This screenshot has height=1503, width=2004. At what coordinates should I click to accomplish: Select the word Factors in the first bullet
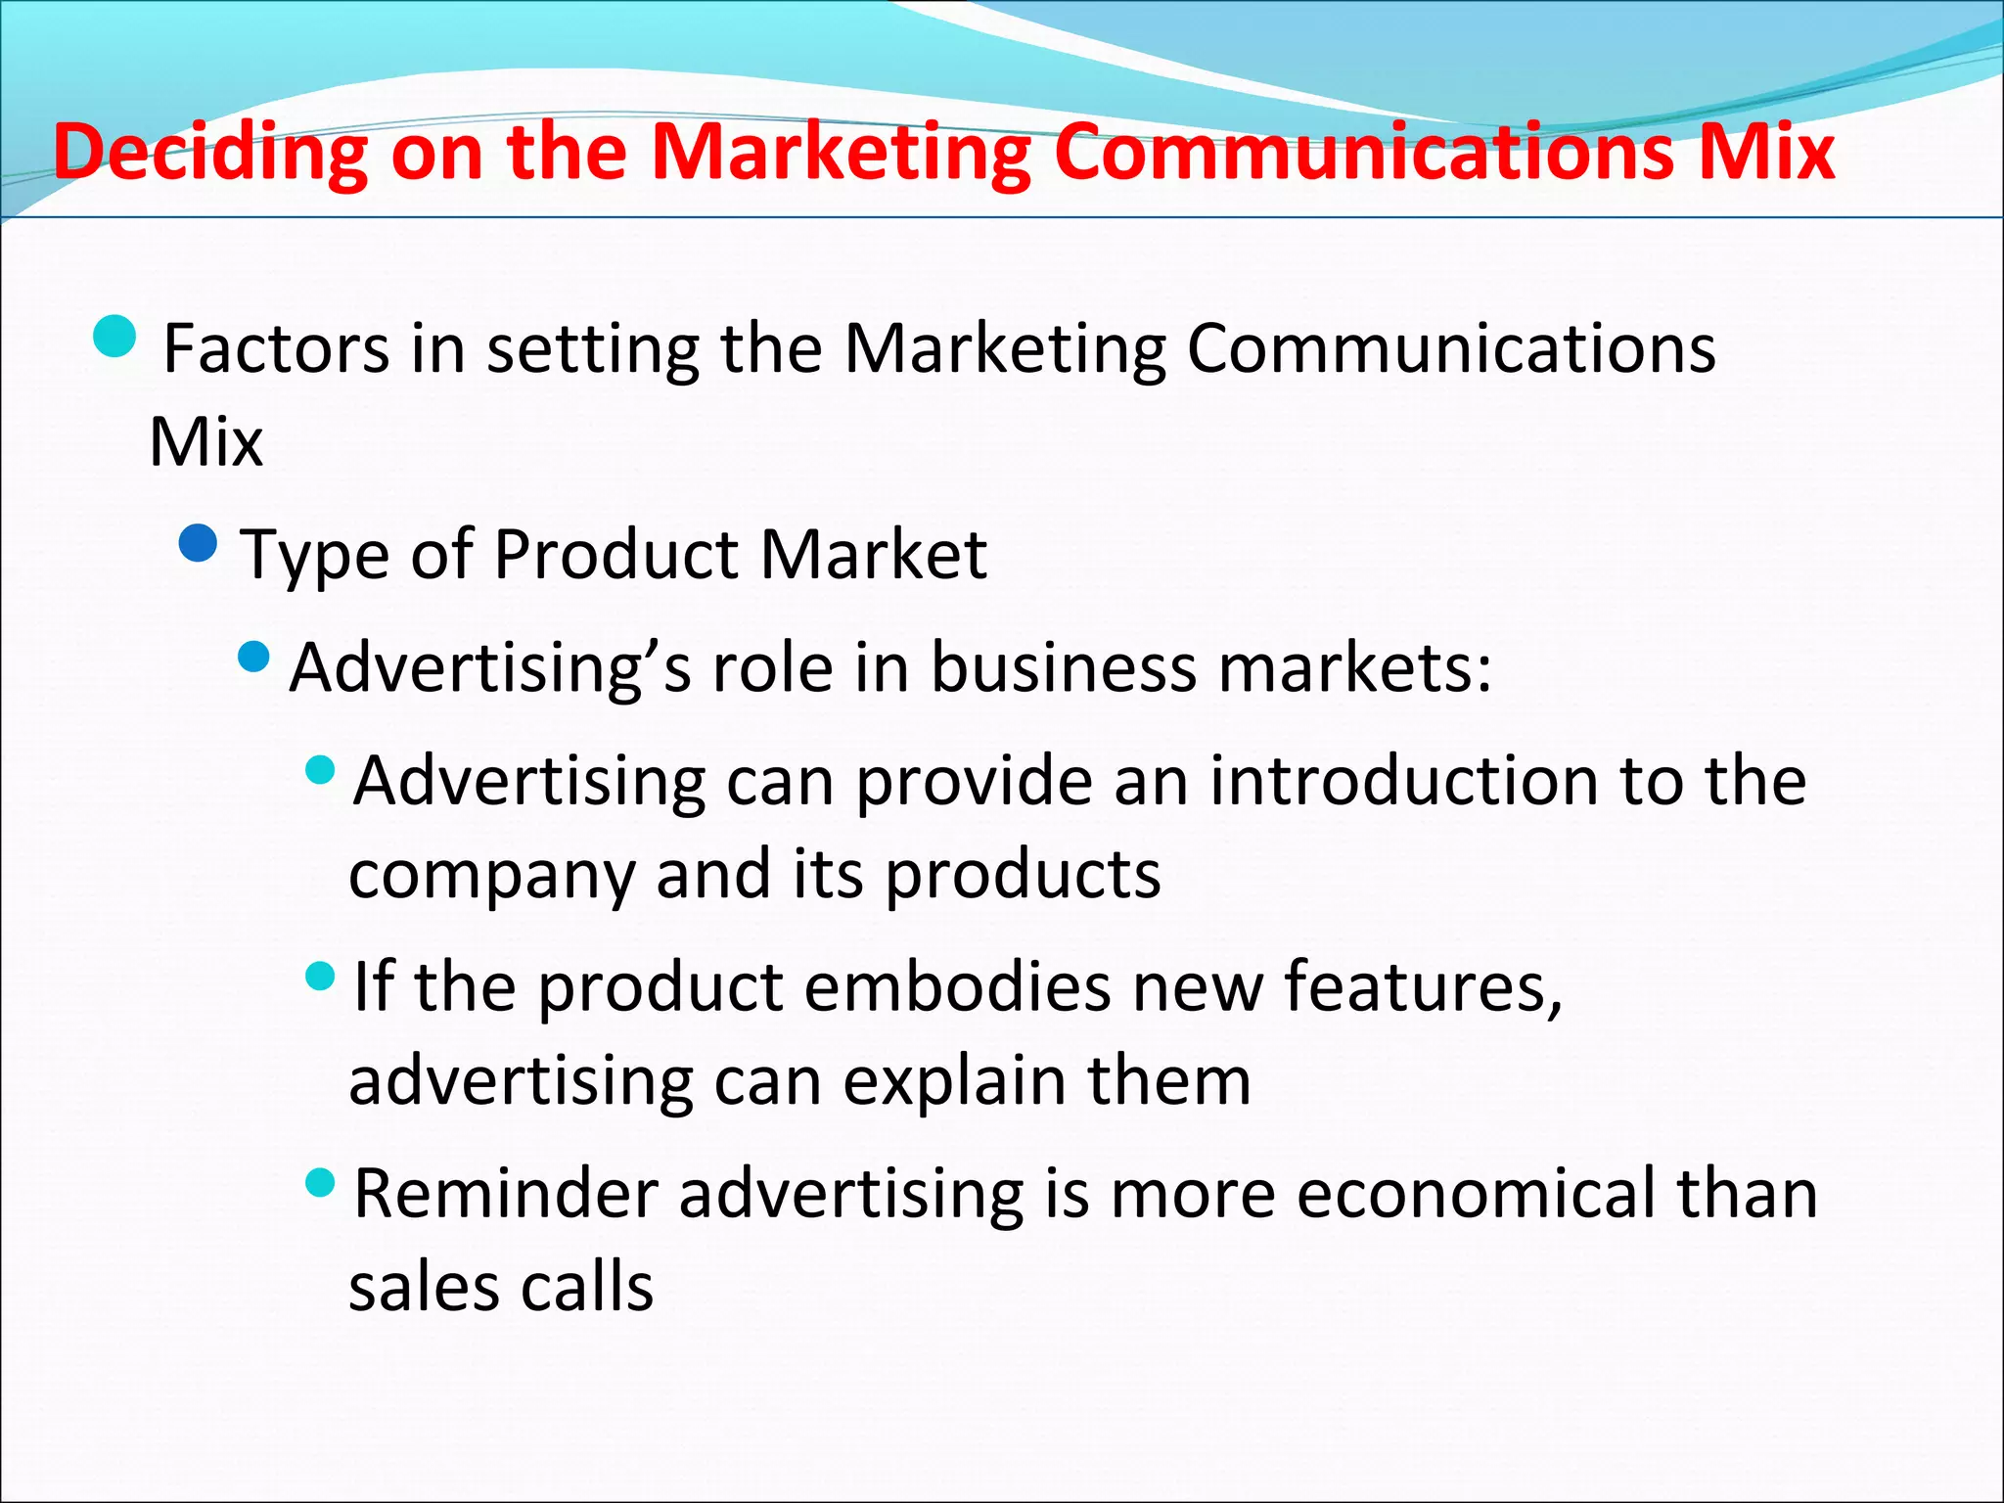pyautogui.click(x=276, y=349)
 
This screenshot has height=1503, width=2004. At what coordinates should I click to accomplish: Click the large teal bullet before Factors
pyautogui.click(x=115, y=337)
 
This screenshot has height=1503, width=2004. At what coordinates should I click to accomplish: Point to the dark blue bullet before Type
pyautogui.click(x=199, y=543)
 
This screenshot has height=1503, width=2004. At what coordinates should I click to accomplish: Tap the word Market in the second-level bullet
pyautogui.click(x=874, y=555)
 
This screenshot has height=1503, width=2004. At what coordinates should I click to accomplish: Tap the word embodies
pyautogui.click(x=957, y=986)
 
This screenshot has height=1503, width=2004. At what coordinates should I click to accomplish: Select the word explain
pyautogui.click(x=954, y=1081)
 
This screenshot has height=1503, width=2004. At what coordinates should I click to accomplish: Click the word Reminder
pyautogui.click(x=506, y=1194)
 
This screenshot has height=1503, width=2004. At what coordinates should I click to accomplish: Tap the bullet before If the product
pyautogui.click(x=320, y=976)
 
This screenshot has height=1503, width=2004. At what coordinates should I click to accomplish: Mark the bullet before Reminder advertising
pyautogui.click(x=320, y=1184)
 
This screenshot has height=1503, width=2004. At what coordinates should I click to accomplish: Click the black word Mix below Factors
pyautogui.click(x=206, y=442)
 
